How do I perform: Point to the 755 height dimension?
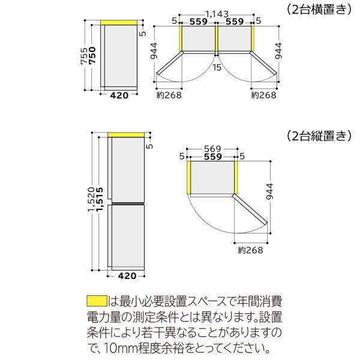tap(88, 55)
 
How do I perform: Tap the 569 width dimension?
tap(212, 148)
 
